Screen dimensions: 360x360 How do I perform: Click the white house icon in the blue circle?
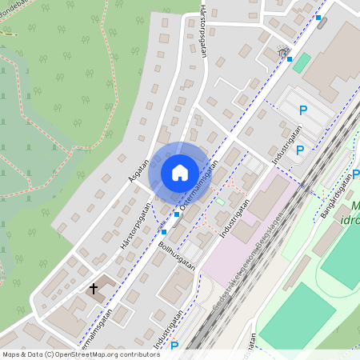click(x=179, y=172)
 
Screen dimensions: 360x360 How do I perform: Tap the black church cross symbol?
click(x=94, y=288)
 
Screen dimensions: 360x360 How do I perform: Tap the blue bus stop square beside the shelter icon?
click(x=290, y=58)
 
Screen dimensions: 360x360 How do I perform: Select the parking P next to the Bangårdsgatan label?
click(x=355, y=174)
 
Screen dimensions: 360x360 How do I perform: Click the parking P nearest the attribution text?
click(x=174, y=346)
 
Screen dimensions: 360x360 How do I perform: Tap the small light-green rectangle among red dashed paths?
click(x=220, y=201)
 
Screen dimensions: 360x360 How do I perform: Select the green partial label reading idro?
click(x=350, y=220)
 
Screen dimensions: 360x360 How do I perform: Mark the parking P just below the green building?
click(x=303, y=110)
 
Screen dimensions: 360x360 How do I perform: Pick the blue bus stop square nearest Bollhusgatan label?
click(x=164, y=231)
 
